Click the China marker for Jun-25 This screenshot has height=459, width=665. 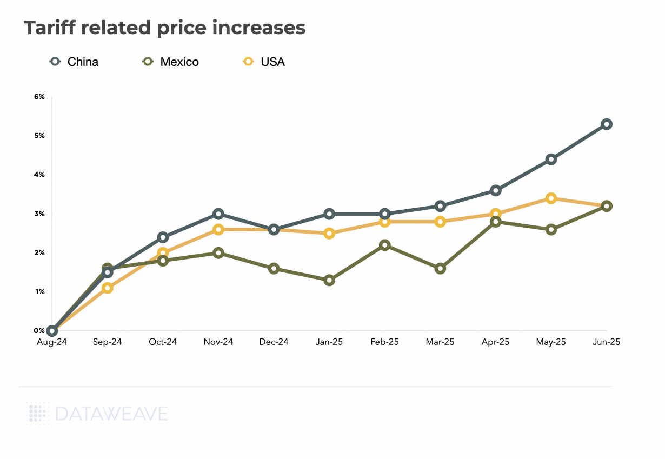(x=607, y=124)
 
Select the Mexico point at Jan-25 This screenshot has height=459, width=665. (x=329, y=280)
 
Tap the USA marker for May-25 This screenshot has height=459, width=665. (x=551, y=198)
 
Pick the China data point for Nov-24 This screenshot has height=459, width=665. (x=218, y=214)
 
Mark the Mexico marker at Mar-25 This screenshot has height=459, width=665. (x=440, y=268)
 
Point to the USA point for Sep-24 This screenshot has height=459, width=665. (x=108, y=288)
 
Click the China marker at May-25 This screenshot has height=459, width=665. (x=551, y=159)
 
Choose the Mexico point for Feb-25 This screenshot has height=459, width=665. (x=384, y=245)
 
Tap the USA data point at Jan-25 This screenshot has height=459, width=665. (x=329, y=234)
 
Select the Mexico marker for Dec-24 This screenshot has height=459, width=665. (x=274, y=269)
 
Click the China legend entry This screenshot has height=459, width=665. (x=75, y=62)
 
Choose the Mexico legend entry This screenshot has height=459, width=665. (x=171, y=62)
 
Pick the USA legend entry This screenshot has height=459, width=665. (x=264, y=62)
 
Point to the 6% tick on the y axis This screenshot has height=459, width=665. (x=40, y=97)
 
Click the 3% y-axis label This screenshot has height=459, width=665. (x=40, y=214)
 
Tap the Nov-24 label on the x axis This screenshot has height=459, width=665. (x=218, y=342)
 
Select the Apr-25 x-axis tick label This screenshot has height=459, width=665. (x=495, y=342)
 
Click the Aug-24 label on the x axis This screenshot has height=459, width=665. (x=52, y=342)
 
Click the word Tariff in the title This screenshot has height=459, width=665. (x=48, y=28)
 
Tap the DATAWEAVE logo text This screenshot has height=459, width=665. (x=111, y=414)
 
